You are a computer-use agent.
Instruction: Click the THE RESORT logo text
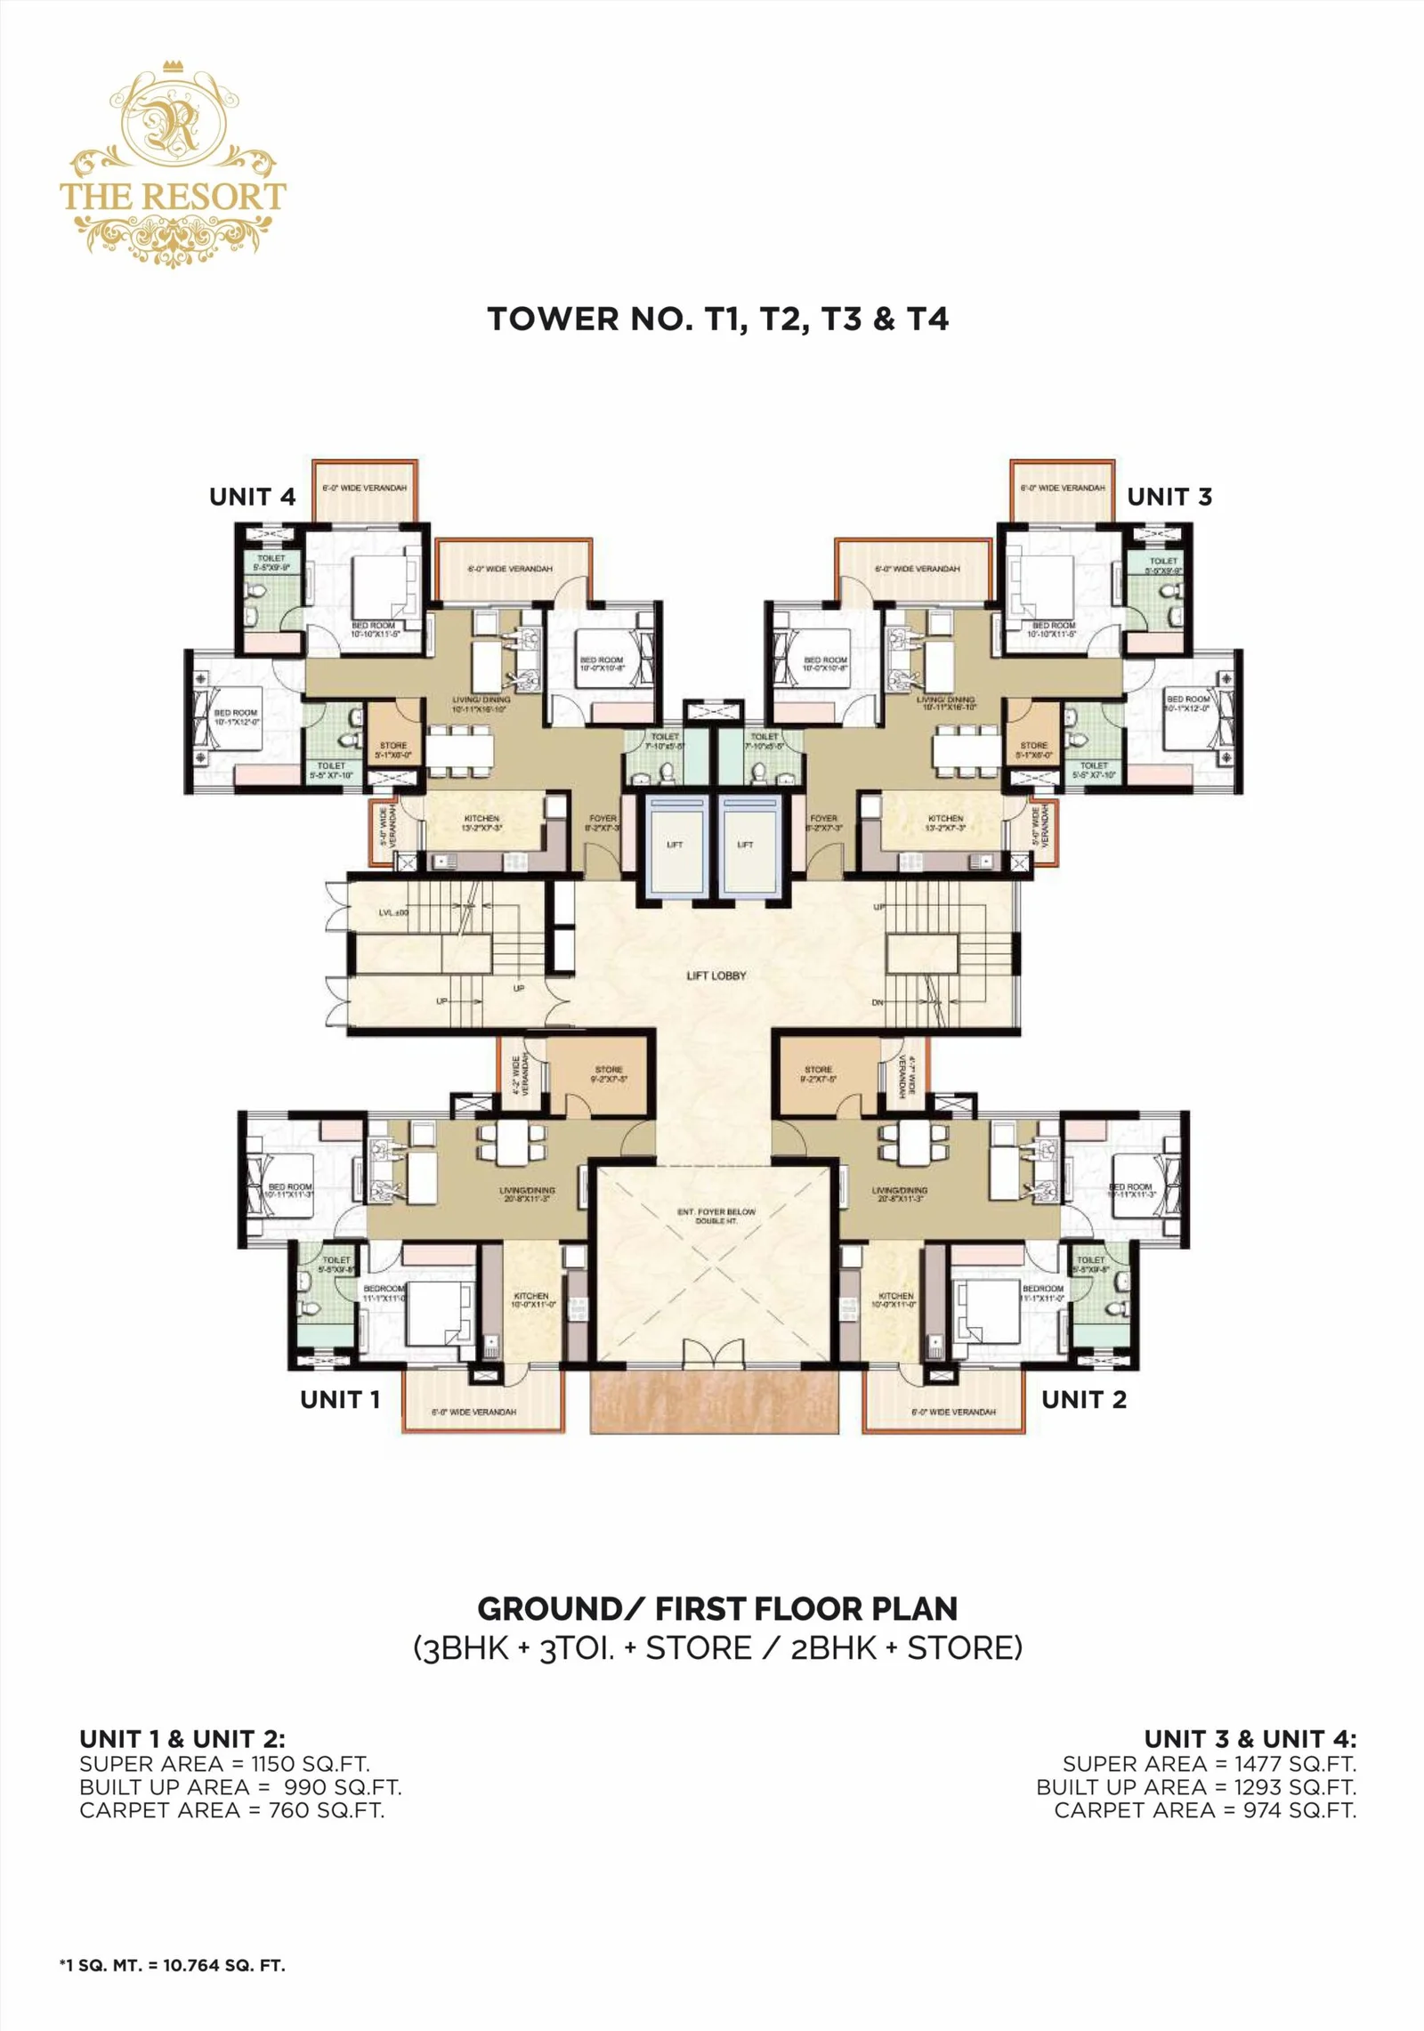point(173,196)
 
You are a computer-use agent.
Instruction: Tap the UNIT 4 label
point(252,497)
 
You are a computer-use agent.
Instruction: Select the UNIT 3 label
point(1169,497)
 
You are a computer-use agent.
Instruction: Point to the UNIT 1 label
point(340,1399)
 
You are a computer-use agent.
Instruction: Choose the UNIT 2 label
point(1083,1399)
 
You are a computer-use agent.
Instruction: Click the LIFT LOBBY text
point(716,975)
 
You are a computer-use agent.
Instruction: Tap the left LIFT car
point(675,844)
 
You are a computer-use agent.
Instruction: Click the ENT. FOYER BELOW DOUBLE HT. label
point(716,1216)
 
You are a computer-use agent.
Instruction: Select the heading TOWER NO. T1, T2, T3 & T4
point(717,319)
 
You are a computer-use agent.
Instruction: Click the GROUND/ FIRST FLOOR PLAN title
point(717,1608)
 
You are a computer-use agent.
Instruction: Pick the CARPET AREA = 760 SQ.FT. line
point(231,1809)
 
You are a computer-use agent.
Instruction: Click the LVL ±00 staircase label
point(392,913)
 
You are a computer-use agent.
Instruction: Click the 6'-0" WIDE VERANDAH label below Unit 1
point(473,1412)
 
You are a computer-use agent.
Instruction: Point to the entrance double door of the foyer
point(716,1353)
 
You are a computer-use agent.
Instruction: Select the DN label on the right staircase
point(878,1002)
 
